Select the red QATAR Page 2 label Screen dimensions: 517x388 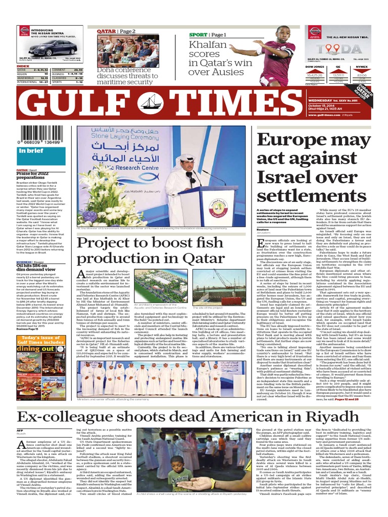coord(117,31)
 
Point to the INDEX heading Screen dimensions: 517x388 coord(23,66)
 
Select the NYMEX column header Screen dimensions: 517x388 coord(361,66)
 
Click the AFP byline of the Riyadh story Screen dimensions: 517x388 coord(20,430)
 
